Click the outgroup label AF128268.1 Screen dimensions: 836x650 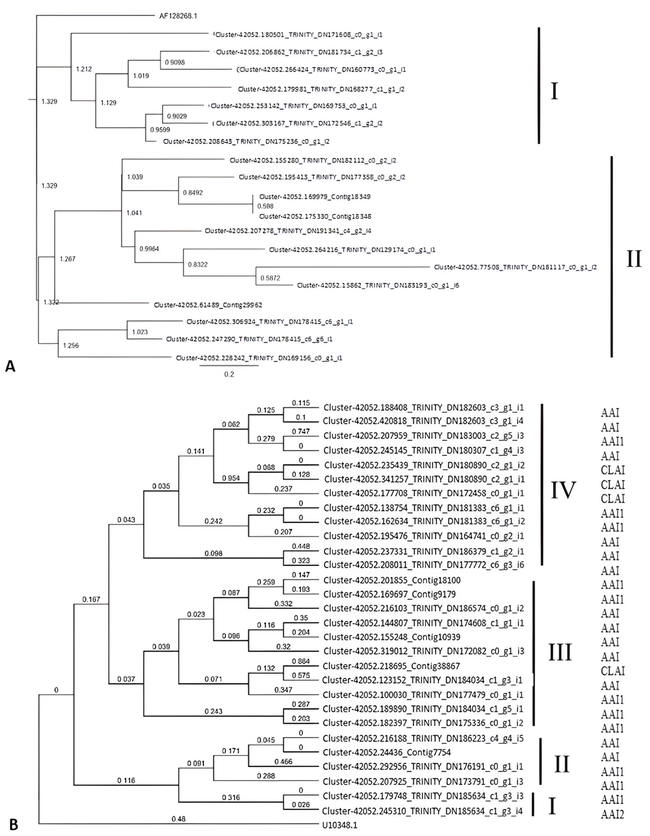point(178,16)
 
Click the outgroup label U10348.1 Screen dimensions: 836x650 point(340,825)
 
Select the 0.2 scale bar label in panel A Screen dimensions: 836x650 point(229,374)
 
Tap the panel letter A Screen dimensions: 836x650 point(10,366)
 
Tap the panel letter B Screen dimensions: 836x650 point(13,825)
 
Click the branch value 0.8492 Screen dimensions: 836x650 point(193,192)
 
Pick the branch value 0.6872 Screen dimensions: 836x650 point(270,278)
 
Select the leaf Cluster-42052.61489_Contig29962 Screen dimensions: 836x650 point(208,305)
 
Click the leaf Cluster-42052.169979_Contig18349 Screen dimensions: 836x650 point(315,197)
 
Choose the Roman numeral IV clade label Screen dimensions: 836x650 point(563,490)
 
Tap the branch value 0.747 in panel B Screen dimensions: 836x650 point(301,431)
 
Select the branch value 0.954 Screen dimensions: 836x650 point(231,478)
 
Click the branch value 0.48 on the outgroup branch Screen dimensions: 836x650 point(178,819)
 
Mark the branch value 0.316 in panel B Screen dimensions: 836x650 point(231,797)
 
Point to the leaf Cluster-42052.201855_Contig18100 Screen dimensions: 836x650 point(392,580)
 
